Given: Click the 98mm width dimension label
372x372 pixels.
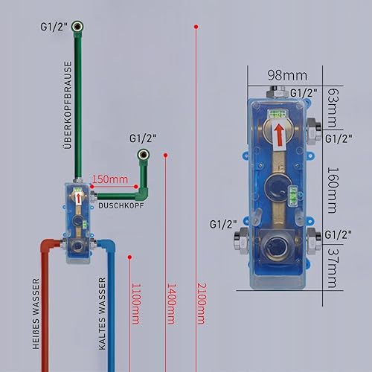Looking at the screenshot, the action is [x=287, y=75].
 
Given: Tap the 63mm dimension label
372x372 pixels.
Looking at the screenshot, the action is [x=333, y=108].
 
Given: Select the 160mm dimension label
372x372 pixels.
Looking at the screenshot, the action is [x=333, y=190].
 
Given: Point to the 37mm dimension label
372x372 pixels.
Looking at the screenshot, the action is [x=333, y=268].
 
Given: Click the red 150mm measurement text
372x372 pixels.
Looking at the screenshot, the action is [x=110, y=179].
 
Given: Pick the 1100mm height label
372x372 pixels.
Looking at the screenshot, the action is [x=136, y=304].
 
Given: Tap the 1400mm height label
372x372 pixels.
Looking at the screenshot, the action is [x=171, y=304].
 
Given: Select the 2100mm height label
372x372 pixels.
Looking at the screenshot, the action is [x=202, y=304].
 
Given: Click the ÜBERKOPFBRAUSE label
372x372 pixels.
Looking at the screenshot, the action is [x=68, y=105].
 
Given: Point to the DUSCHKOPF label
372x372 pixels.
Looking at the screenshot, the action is [x=121, y=205].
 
